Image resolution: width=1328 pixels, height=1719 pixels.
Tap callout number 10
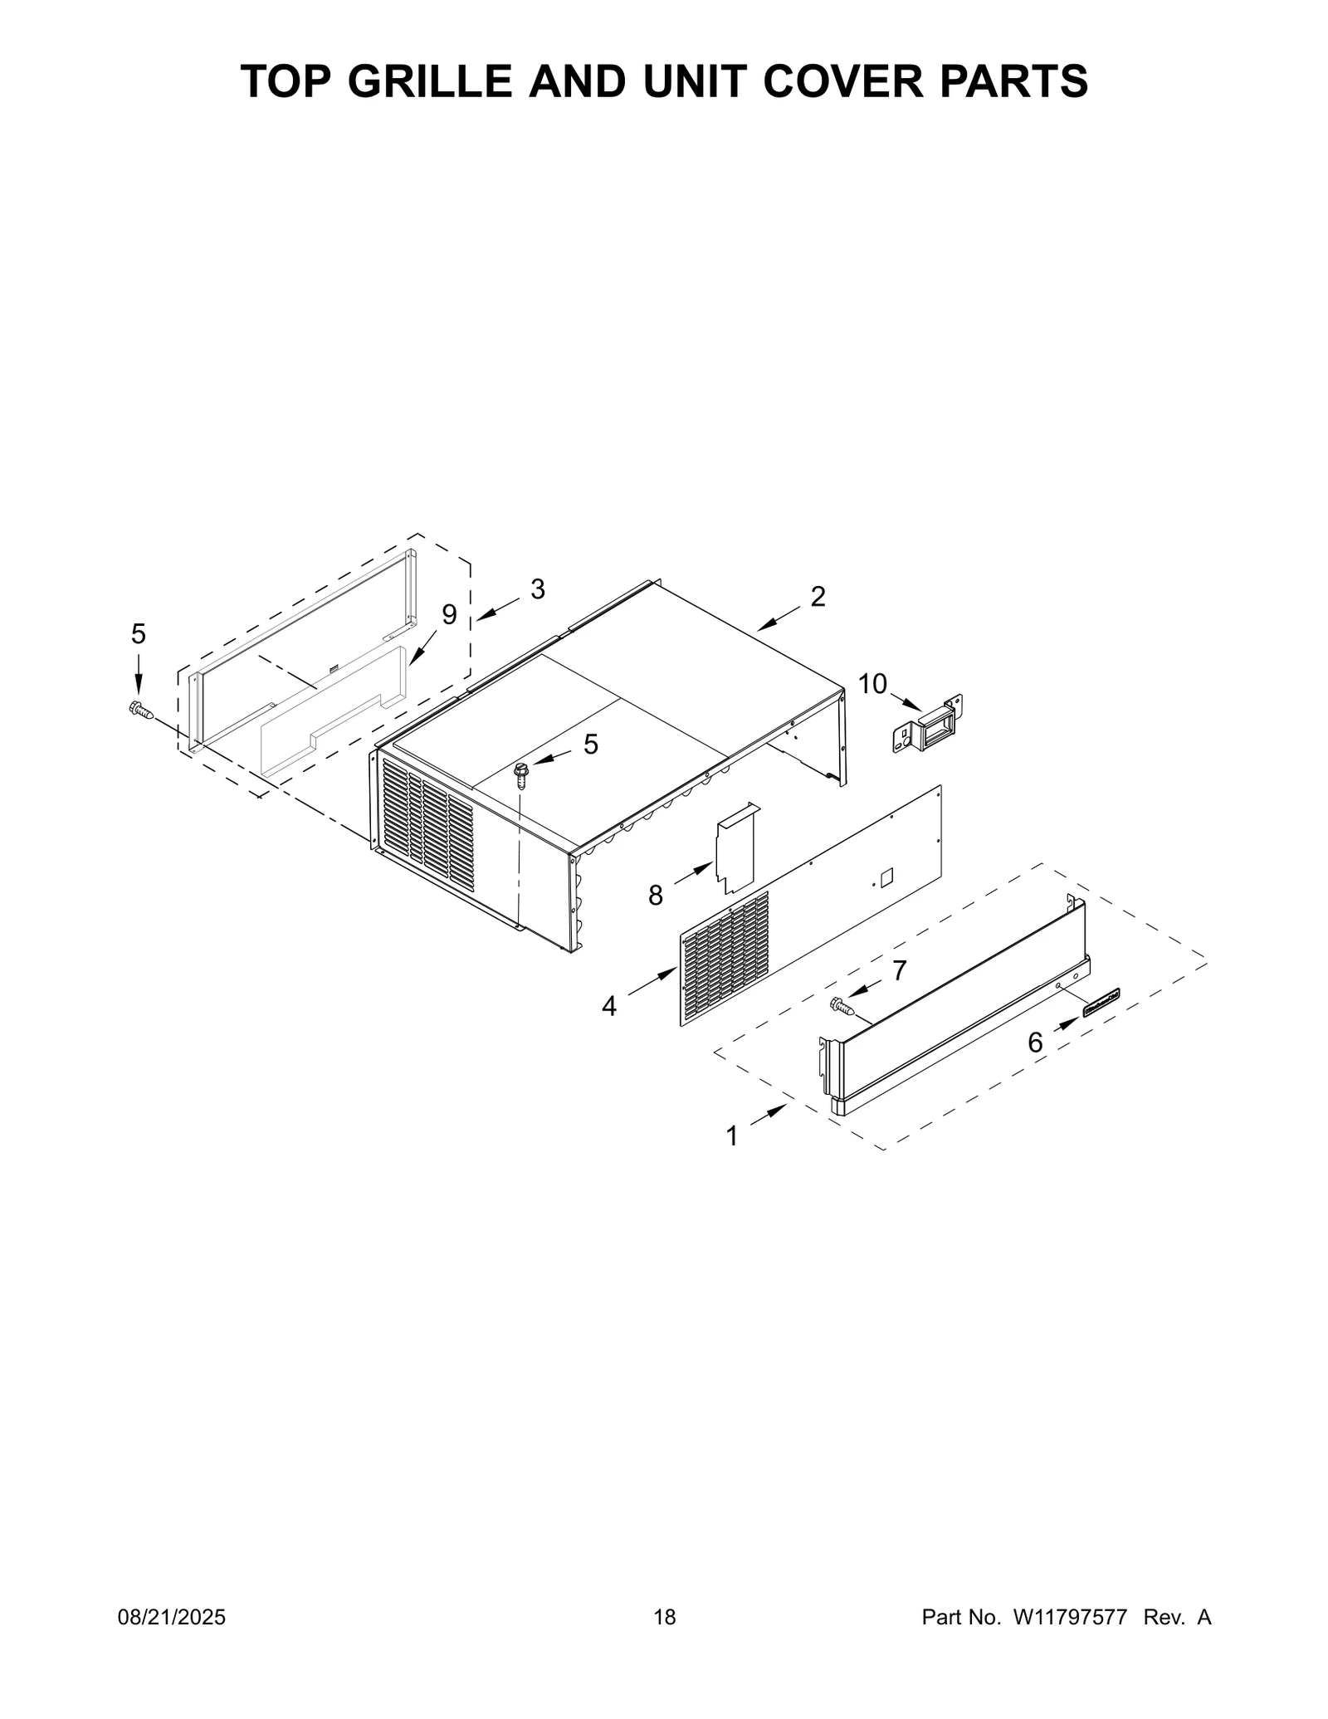coord(872,684)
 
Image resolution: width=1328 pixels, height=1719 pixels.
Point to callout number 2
coord(818,597)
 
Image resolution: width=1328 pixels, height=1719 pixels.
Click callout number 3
coord(538,589)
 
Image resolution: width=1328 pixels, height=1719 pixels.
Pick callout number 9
coord(449,615)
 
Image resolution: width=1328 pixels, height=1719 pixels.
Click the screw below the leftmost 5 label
coord(140,710)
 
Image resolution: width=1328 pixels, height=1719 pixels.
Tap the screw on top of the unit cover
coord(522,774)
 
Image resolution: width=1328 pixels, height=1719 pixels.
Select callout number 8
coord(656,895)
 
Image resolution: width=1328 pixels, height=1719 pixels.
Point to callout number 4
coord(609,1007)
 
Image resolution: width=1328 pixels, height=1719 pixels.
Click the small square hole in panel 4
coord(886,875)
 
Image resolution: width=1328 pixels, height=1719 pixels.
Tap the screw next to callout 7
coord(842,1006)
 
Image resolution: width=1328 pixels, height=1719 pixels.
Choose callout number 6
coord(1035,1043)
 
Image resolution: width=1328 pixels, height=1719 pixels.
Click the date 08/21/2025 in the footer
coord(171,1641)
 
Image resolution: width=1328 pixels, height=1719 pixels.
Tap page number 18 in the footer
coord(664,1641)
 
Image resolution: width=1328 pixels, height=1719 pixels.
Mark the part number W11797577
coord(1071,1641)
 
